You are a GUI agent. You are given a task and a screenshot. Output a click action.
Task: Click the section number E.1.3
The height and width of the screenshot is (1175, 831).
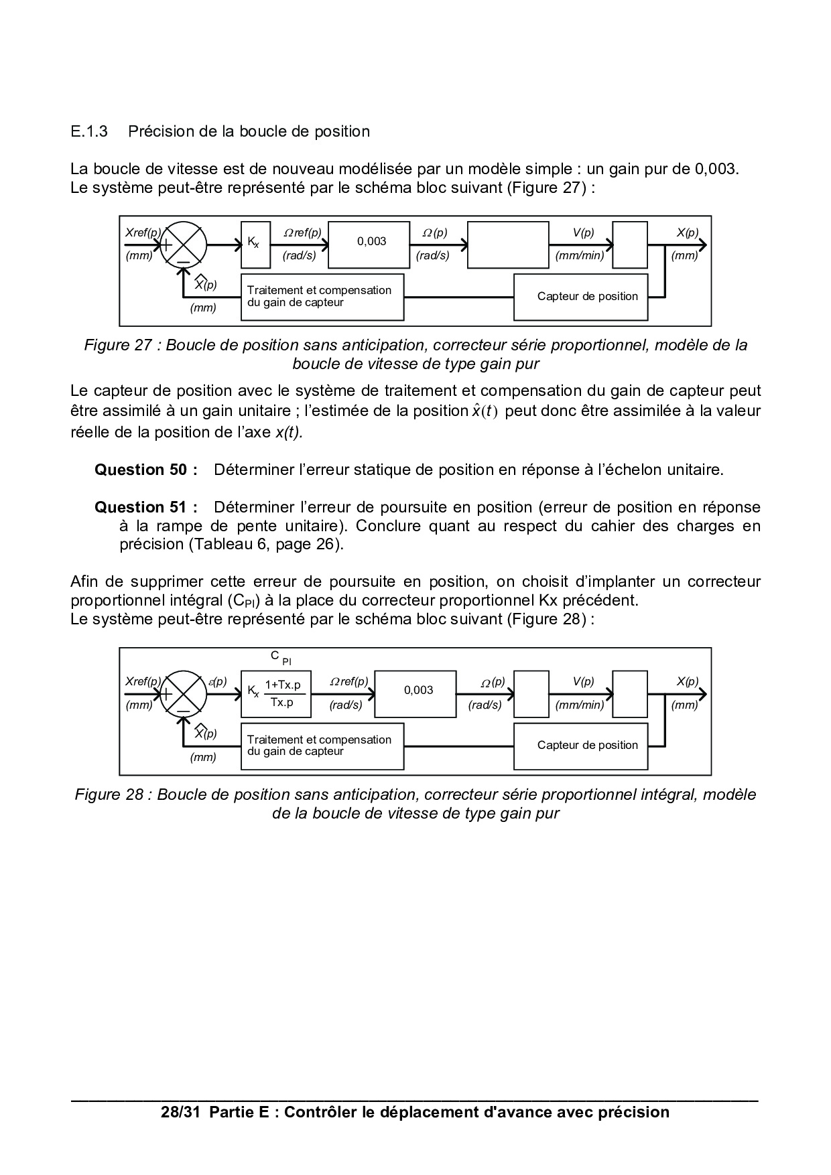point(88,131)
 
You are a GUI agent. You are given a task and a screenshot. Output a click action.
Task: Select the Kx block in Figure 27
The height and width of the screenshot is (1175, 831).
point(255,245)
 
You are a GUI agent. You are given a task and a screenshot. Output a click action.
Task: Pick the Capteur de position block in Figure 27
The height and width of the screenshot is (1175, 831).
point(580,296)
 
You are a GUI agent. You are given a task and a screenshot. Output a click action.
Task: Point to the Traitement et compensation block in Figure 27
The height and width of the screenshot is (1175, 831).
point(322,296)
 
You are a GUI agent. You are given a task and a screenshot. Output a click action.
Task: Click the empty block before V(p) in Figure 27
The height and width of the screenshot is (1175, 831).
point(507,245)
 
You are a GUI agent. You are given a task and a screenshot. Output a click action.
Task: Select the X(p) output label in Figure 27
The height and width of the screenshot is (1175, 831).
point(687,233)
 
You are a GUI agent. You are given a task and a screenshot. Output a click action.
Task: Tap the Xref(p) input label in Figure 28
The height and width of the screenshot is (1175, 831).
point(143,681)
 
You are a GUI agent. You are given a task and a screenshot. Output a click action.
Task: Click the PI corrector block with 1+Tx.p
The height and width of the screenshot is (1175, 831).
point(275,693)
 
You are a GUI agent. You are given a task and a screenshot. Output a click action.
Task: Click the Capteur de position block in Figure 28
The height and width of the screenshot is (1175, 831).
point(580,745)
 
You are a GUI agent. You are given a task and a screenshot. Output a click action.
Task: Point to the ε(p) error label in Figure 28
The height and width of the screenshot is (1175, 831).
point(218,681)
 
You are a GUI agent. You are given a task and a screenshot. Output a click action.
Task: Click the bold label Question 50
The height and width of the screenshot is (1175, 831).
point(145,470)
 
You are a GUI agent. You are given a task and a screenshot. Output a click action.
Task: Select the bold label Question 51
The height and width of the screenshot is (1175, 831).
point(145,507)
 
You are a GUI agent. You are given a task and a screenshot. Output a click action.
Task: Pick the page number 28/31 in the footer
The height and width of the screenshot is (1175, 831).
point(181,1113)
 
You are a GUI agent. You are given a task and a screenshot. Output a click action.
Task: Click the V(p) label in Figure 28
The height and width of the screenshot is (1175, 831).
point(583,681)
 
